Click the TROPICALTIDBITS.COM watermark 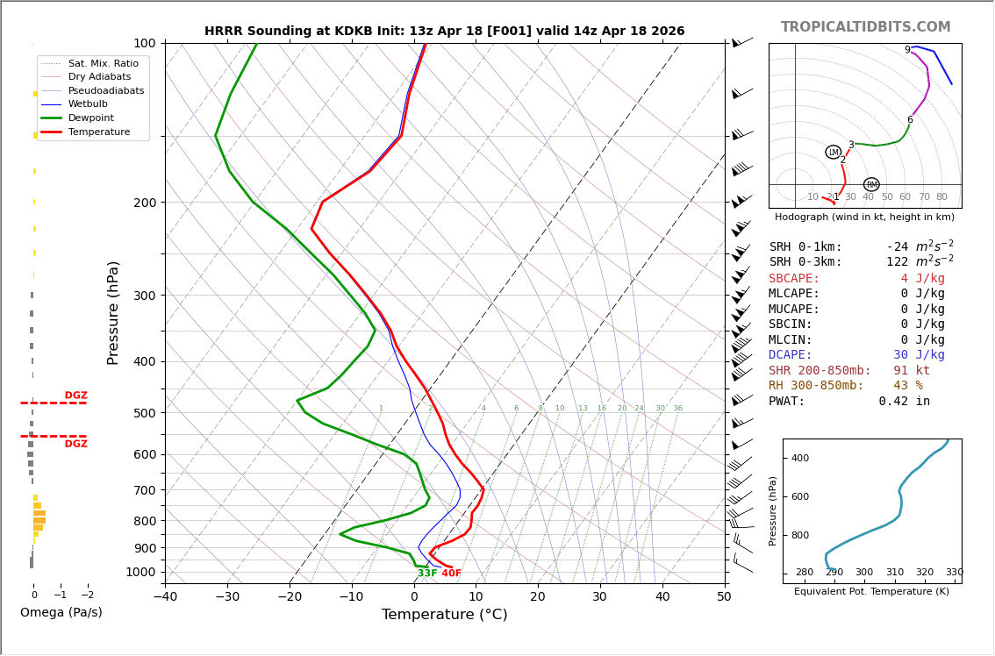tap(865, 27)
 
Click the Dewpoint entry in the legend tap(90, 118)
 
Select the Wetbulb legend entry tap(88, 104)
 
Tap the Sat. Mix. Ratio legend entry tap(103, 63)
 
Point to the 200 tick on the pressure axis tap(145, 203)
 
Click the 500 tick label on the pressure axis tap(145, 413)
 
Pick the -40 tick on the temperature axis tap(166, 597)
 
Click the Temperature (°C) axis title tap(444, 615)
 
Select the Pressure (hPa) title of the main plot tap(113, 312)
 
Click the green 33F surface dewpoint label tap(427, 574)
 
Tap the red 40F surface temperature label tap(451, 574)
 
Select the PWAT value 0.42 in tap(904, 402)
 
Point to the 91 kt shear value tap(911, 371)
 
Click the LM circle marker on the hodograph tap(834, 153)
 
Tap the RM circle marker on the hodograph tap(871, 185)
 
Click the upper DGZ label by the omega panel tap(75, 396)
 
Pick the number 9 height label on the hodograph tap(907, 50)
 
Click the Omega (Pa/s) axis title tap(61, 612)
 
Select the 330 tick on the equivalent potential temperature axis tap(954, 573)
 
